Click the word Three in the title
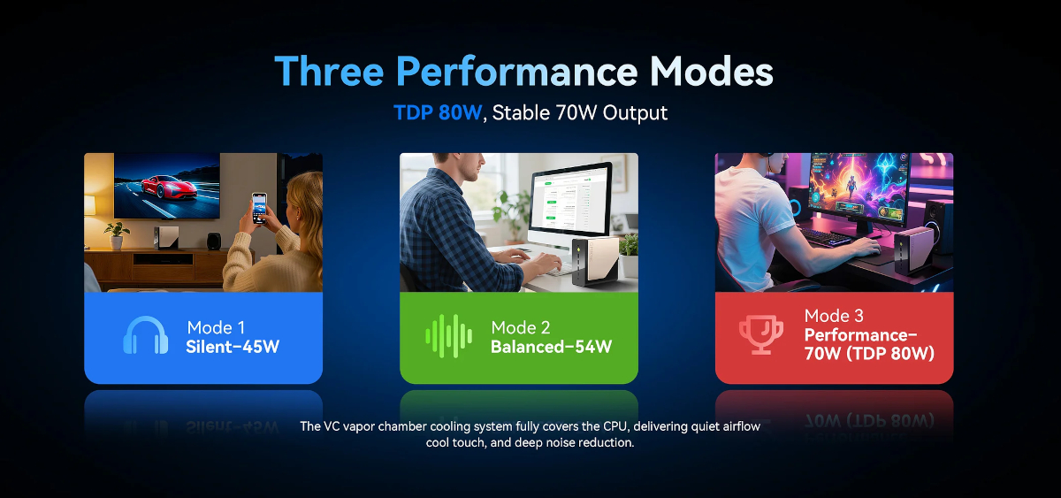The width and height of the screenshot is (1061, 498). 329,71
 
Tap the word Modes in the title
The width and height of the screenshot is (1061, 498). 711,71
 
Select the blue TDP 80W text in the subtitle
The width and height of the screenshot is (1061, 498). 438,112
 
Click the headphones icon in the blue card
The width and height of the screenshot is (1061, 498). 145,335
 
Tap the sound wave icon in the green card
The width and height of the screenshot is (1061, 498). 448,336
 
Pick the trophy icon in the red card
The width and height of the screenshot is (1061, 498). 761,334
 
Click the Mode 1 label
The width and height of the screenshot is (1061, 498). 216,327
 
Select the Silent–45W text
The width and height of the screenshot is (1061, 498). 233,347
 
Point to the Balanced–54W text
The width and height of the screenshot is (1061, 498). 552,347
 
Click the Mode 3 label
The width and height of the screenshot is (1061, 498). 834,316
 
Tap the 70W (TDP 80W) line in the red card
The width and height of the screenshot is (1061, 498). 869,354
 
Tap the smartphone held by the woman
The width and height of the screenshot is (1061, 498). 259,208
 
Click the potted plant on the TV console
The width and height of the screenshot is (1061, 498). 116,235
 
